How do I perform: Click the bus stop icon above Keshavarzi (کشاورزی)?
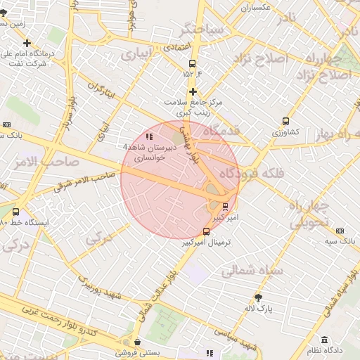pos(285,121)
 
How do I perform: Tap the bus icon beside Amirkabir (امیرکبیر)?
pos(225,206)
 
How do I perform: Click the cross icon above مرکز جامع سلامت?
pos(193,91)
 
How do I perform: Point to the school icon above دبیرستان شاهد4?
pos(148,136)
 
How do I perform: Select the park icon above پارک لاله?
pos(258,297)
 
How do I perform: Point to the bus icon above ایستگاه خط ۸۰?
pos(16,211)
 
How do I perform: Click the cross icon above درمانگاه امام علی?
pos(27,43)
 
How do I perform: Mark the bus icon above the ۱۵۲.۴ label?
pos(192,62)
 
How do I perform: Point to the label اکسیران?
pos(256,8)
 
